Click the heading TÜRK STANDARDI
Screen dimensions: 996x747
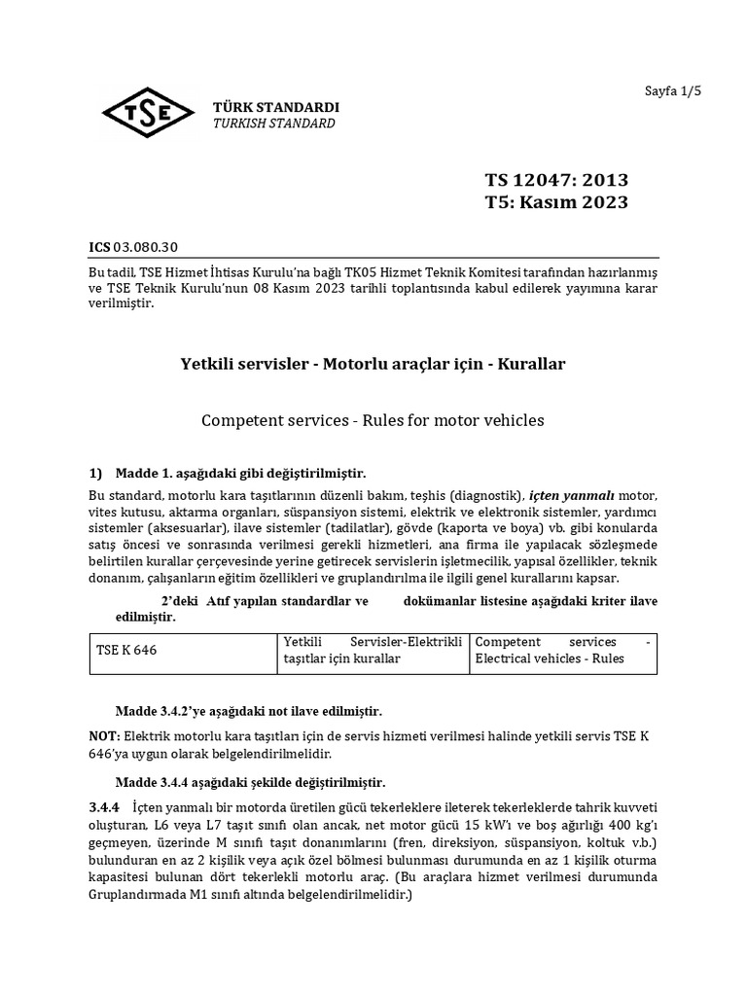(x=276, y=107)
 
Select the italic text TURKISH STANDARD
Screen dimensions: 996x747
(x=274, y=124)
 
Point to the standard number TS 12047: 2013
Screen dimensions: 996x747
(x=556, y=180)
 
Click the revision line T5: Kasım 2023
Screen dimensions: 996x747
(x=556, y=202)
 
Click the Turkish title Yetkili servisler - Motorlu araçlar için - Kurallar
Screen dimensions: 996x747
(x=373, y=364)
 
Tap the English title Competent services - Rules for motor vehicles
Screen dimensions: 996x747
(x=373, y=420)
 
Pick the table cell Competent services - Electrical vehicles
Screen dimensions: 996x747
(x=562, y=651)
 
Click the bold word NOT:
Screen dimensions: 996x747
(x=104, y=736)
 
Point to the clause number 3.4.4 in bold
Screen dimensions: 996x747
(x=103, y=806)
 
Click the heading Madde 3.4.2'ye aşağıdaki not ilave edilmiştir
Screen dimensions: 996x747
(x=249, y=711)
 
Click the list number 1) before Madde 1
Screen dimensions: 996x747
(x=95, y=474)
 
